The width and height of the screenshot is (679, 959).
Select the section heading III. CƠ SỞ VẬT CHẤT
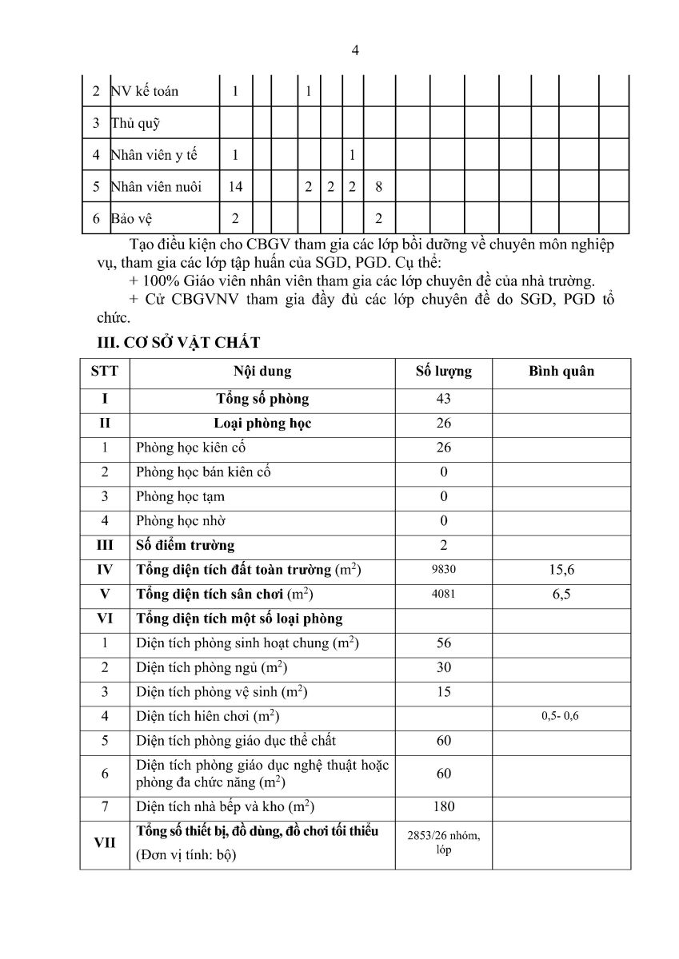pos(178,343)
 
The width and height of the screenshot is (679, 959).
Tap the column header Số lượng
pos(444,372)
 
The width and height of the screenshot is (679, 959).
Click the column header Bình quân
pos(561,372)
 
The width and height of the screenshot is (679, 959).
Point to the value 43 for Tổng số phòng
pos(444,399)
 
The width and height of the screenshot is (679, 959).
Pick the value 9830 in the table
pos(444,570)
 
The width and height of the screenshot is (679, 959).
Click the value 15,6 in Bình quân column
pos(561,570)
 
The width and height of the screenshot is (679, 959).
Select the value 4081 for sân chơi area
pos(444,595)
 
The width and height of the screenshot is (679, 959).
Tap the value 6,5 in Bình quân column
pos(561,595)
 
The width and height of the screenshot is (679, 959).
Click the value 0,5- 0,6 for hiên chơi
pos(560,716)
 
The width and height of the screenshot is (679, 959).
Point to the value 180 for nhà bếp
pos(444,806)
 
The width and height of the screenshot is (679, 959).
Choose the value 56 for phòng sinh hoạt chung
pos(444,643)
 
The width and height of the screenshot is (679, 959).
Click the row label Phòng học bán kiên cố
pos(203,472)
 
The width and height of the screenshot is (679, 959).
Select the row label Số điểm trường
pos(186,546)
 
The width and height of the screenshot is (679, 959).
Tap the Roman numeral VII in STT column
pos(105,842)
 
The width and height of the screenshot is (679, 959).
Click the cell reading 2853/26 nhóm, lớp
pos(444,842)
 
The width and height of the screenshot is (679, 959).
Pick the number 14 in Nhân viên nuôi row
pos(235,187)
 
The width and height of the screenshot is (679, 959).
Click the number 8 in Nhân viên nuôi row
pos(378,187)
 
